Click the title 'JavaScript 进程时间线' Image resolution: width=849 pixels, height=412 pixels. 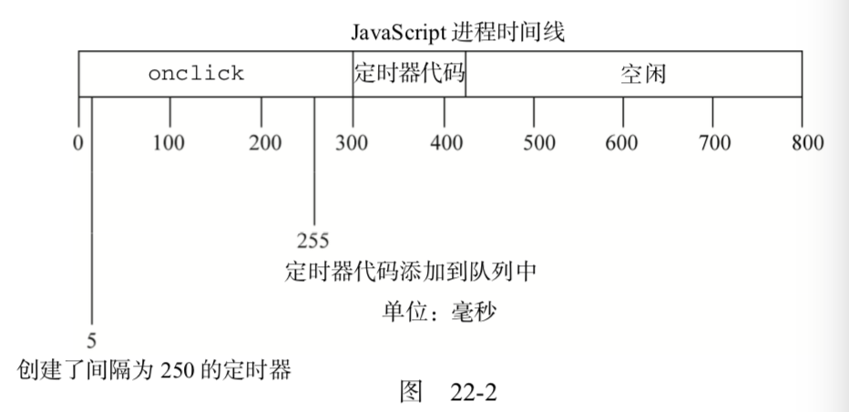click(x=459, y=34)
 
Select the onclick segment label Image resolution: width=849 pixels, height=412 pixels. click(x=196, y=74)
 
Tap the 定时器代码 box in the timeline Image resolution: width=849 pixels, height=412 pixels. click(x=409, y=74)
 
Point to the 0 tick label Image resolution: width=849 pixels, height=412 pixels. click(x=78, y=143)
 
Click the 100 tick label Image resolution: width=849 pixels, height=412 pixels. click(x=169, y=143)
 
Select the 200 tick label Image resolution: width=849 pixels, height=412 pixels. click(x=264, y=143)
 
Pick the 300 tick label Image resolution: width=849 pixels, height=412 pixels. click(x=353, y=143)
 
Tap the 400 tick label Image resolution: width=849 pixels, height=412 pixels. click(x=445, y=143)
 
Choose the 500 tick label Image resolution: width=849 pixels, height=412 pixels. click(x=539, y=143)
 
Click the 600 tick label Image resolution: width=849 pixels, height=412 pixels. click(x=622, y=143)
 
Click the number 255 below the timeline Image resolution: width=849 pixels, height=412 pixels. click(x=313, y=242)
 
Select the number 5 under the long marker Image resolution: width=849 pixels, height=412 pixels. click(x=92, y=342)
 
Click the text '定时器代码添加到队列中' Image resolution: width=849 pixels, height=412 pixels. click(x=408, y=273)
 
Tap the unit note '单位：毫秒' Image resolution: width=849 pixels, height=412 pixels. click(x=438, y=312)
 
